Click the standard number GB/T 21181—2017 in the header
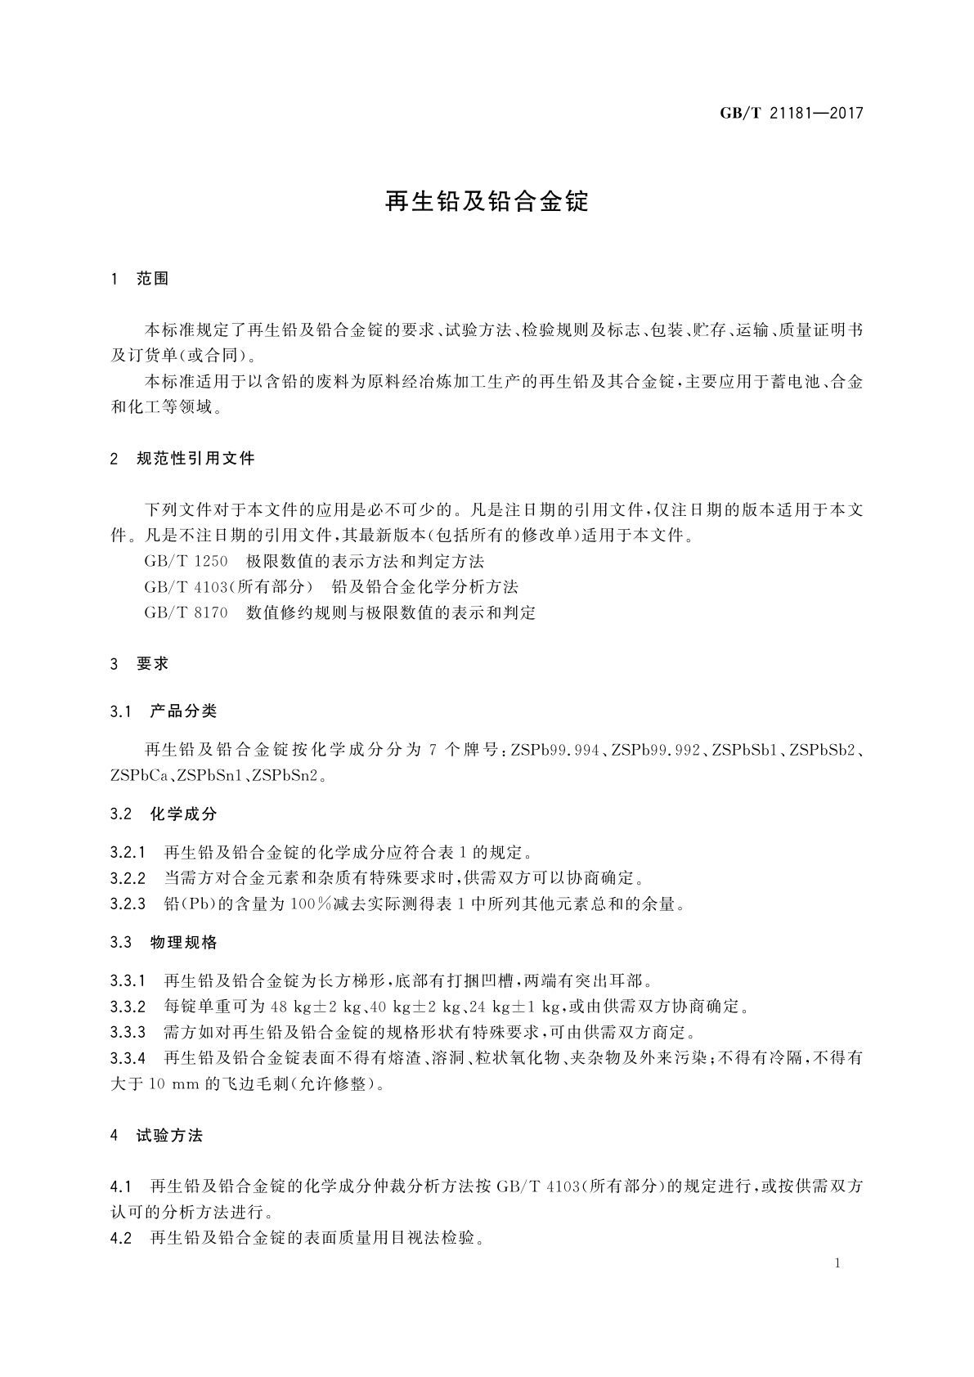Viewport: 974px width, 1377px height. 791,114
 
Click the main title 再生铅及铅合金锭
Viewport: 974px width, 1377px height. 487,202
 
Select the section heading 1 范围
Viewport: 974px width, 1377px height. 140,279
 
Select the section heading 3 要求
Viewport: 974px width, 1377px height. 140,663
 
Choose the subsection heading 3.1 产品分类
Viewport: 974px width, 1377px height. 164,711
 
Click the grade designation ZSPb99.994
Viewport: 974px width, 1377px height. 556,750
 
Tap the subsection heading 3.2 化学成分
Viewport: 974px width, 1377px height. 164,814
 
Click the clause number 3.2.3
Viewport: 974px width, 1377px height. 128,904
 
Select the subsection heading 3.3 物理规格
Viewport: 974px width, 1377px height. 164,942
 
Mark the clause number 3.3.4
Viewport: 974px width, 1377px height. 128,1058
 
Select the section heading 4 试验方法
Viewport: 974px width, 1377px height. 156,1136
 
